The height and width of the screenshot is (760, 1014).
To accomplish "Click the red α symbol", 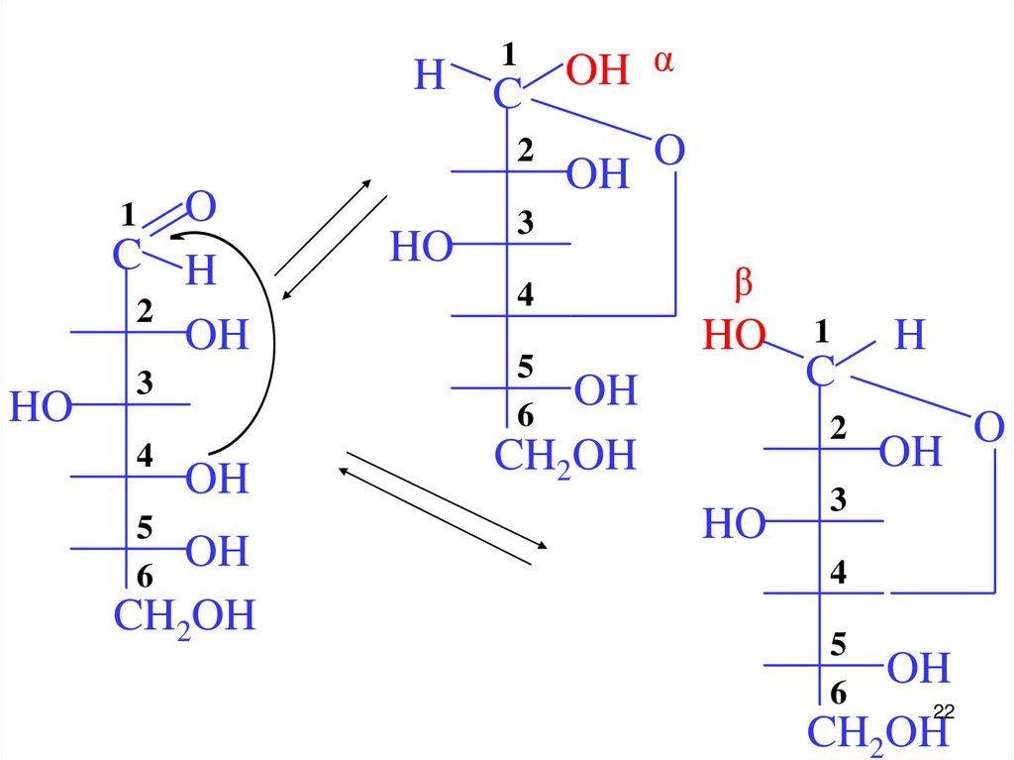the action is (663, 62).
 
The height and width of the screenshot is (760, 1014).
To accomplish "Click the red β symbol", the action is (743, 285).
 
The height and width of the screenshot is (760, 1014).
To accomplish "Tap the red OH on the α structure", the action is (597, 71).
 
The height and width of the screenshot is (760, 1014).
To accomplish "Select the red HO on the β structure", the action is (735, 337).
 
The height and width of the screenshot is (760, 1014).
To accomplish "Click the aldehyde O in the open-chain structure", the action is (201, 208).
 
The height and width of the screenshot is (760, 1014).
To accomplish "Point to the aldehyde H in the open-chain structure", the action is (200, 270).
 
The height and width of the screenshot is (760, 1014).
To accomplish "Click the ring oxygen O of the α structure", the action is (669, 152).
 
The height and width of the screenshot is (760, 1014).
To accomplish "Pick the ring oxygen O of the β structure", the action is (988, 429).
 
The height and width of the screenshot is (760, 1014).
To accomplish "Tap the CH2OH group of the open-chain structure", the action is (184, 615).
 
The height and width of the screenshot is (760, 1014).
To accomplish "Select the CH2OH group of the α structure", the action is (564, 457).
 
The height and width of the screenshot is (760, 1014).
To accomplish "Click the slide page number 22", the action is (943, 712).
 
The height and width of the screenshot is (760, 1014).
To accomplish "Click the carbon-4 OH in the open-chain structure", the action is (217, 480).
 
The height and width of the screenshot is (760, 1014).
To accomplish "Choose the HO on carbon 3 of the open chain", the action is (42, 407).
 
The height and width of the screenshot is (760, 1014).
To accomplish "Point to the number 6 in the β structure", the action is (839, 693).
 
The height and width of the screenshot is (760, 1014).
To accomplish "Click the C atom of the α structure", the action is (507, 95).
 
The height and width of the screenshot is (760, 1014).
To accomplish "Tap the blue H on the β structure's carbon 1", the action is (910, 336).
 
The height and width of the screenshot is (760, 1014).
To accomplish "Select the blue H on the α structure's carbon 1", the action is (430, 75).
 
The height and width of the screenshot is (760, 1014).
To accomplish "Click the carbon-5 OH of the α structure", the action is (606, 391).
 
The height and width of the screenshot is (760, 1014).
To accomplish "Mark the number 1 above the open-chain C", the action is (127, 213).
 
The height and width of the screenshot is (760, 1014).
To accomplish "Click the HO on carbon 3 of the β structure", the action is (735, 524).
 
